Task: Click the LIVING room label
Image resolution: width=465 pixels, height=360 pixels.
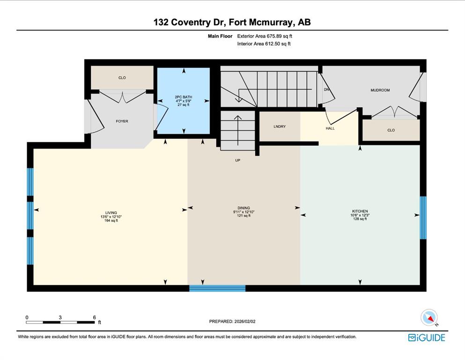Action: (x=111, y=213)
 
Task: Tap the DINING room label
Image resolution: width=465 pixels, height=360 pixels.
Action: (x=244, y=208)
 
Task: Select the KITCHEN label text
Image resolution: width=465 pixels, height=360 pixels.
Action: (x=360, y=211)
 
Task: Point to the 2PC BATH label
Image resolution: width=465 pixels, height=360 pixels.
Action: (x=183, y=97)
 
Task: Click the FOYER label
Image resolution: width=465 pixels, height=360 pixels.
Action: (x=122, y=121)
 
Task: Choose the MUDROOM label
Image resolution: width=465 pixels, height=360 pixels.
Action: (x=380, y=90)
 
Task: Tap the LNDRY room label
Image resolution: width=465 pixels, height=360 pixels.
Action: (x=280, y=127)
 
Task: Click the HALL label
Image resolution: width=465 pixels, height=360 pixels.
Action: (x=330, y=128)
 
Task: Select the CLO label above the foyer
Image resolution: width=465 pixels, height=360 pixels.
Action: (x=122, y=78)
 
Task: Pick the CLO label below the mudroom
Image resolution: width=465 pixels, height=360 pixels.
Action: (x=391, y=130)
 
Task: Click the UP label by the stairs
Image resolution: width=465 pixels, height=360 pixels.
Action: (x=237, y=160)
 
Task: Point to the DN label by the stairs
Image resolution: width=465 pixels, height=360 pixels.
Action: (x=326, y=90)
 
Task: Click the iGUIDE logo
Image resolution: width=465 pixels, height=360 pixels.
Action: (x=427, y=338)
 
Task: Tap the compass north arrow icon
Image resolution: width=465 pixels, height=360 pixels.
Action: (x=429, y=318)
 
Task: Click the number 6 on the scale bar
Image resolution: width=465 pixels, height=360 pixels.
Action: (x=94, y=317)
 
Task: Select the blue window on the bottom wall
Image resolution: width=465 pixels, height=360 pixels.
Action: (x=217, y=288)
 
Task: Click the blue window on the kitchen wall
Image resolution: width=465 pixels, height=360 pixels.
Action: (x=423, y=217)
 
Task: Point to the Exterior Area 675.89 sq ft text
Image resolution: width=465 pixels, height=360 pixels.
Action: (x=265, y=36)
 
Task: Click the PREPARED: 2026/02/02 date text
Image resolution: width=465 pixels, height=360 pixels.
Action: (x=232, y=322)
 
